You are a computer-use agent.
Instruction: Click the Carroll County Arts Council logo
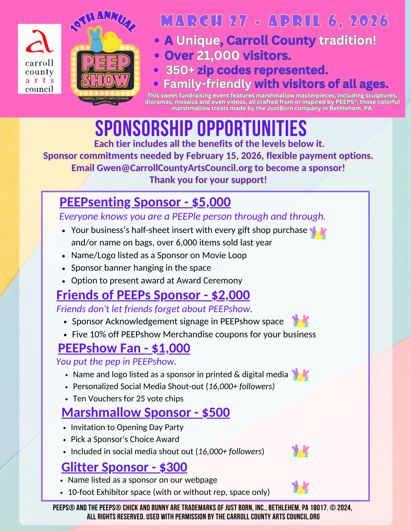pyautogui.click(x=39, y=59)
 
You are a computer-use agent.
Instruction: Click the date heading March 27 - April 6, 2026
pyautogui.click(x=274, y=21)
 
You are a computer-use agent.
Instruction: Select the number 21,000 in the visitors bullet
pyautogui.click(x=218, y=56)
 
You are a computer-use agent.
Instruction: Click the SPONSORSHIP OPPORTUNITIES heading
pyautogui.click(x=201, y=129)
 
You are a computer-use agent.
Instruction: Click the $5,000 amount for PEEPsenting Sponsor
pyautogui.click(x=211, y=202)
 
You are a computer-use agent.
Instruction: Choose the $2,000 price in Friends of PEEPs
pyautogui.click(x=231, y=295)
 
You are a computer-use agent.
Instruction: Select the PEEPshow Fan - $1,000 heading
pyautogui.click(x=124, y=349)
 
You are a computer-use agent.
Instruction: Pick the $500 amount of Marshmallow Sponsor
pyautogui.click(x=216, y=413)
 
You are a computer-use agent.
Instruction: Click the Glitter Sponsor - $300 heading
pyautogui.click(x=124, y=468)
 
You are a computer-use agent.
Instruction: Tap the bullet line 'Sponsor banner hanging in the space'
pyautogui.click(x=141, y=268)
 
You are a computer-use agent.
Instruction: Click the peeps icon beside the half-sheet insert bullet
pyautogui.click(x=318, y=233)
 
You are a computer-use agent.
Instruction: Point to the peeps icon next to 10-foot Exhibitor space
pyautogui.click(x=301, y=487)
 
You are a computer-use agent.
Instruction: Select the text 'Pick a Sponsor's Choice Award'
pyautogui.click(x=125, y=439)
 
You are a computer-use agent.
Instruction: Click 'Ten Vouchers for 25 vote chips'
pyautogui.click(x=128, y=399)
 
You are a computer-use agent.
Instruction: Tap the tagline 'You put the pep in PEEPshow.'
pyautogui.click(x=116, y=362)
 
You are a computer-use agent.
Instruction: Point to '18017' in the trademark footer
pyautogui.click(x=318, y=508)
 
